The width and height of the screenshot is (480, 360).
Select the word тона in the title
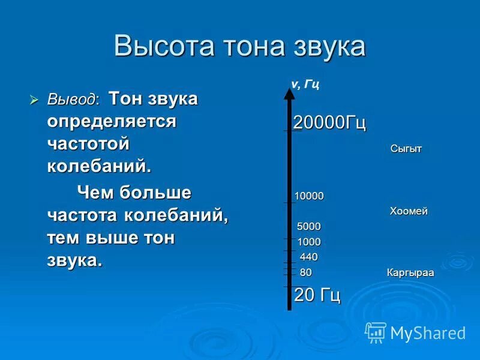248,46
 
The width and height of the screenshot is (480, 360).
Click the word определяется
112,121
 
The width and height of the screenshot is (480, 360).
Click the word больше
155,193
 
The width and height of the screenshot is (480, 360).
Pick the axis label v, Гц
305,84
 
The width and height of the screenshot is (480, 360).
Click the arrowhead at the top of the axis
290,92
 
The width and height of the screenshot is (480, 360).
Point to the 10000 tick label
309,196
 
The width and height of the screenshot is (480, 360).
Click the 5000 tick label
309,226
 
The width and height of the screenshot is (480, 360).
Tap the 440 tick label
309,257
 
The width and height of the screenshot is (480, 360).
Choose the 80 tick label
306,272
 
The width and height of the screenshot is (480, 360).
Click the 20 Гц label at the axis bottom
317,295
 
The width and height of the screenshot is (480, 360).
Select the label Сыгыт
406,149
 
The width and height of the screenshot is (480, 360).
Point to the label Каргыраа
410,273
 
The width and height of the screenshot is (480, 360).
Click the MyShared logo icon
376,332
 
